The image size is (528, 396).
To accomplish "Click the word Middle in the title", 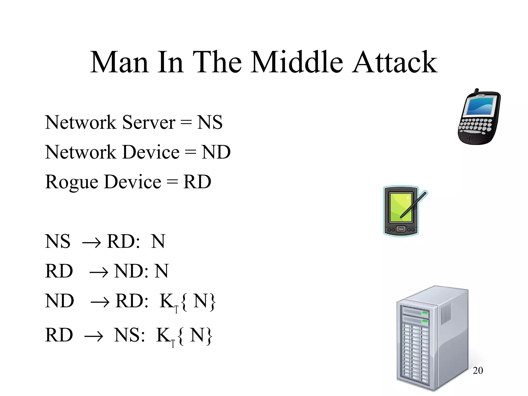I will (x=297, y=62).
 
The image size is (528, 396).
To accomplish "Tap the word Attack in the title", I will (x=395, y=62).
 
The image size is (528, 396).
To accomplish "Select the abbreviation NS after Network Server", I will (x=210, y=122).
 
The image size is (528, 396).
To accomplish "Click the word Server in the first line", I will (x=149, y=122).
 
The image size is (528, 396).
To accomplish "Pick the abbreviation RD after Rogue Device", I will (x=197, y=182).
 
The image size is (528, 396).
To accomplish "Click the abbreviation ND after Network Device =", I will (x=216, y=152).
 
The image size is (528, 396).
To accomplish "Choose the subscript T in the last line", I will (x=173, y=344).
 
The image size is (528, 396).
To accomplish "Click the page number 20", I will (x=477, y=370).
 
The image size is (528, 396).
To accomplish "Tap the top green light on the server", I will (x=425, y=313).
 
